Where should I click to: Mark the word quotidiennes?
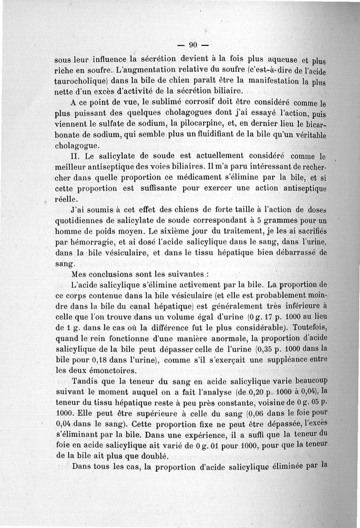(x=81, y=221)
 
